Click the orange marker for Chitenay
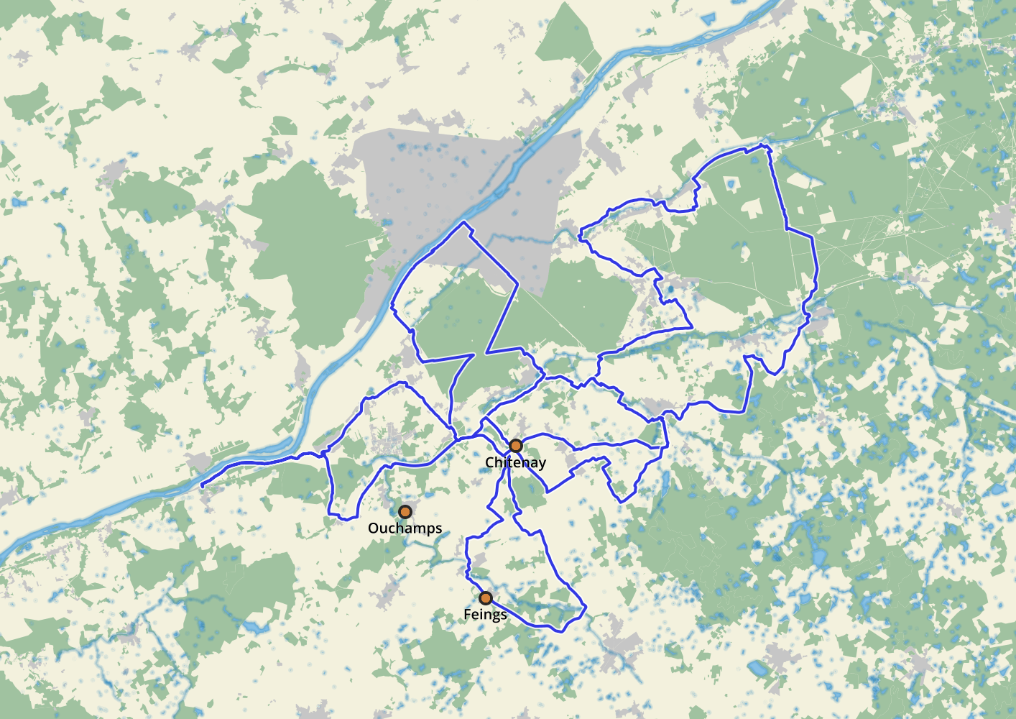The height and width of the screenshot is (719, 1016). [x=515, y=446]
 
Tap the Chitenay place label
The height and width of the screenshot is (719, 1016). [x=515, y=462]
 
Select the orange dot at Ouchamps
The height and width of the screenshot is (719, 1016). [x=405, y=512]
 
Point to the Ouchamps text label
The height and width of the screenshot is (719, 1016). [x=405, y=528]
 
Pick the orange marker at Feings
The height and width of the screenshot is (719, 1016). [x=486, y=598]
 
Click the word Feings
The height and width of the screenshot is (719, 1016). [x=485, y=615]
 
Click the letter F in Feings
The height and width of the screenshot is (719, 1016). [x=467, y=615]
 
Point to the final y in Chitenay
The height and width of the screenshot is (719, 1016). [x=542, y=464]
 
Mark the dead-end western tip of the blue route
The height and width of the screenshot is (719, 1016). [x=203, y=487]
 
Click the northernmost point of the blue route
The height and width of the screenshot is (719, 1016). [x=765, y=145]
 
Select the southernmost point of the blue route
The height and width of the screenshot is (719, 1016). [x=562, y=631]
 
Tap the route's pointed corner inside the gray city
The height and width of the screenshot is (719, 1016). [x=466, y=223]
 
